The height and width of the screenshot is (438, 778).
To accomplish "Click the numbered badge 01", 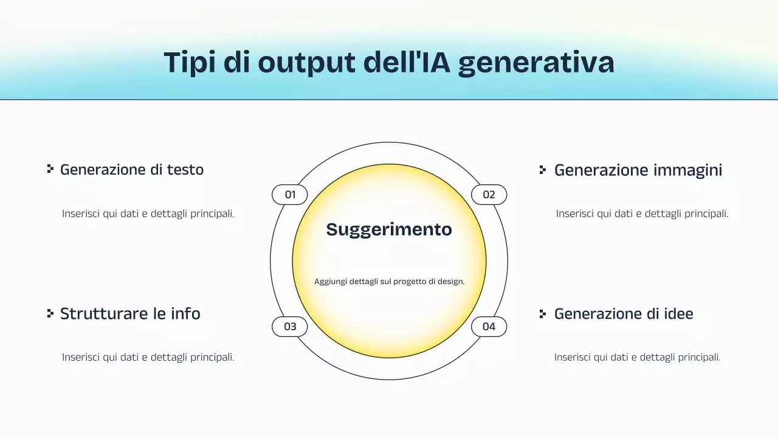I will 290,195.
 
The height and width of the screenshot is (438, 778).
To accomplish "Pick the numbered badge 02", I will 489,195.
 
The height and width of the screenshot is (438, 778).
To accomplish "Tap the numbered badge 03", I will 290,327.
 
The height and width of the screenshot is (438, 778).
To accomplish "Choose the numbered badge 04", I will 489,327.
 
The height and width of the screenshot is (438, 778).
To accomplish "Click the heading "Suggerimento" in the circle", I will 389,229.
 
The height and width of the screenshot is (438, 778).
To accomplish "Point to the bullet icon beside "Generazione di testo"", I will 50,169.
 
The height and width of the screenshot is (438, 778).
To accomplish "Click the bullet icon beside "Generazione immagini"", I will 543,170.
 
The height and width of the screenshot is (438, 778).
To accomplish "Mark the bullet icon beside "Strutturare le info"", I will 50,313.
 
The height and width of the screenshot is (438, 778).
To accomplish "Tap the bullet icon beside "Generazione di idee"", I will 543,314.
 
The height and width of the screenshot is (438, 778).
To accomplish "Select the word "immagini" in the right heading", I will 688,170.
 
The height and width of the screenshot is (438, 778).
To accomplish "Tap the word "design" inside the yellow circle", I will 450,282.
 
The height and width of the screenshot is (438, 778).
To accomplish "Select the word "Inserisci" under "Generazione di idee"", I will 573,358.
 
